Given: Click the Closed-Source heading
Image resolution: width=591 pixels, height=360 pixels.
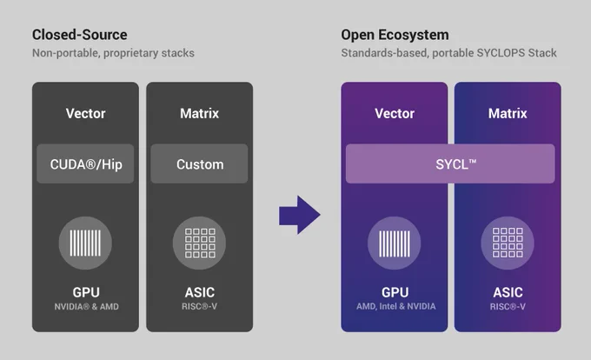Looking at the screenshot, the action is click(80, 35).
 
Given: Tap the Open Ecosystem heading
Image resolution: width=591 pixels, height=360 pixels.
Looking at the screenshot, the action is click(395, 35).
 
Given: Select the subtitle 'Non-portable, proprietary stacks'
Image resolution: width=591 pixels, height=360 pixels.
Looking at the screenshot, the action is click(113, 53).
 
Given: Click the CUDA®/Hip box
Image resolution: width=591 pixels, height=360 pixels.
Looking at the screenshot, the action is click(85, 164).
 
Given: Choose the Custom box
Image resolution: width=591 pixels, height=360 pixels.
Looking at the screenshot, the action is click(199, 164).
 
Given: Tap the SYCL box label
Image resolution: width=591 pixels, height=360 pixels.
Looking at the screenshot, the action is click(455, 164).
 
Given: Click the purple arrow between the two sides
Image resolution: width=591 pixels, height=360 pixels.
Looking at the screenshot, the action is click(300, 215).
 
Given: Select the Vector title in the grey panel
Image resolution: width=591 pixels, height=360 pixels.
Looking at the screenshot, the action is click(85, 113).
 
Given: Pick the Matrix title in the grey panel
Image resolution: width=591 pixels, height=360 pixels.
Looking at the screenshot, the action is click(199, 113).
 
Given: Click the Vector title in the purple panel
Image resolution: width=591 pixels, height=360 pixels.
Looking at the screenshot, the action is click(395, 113).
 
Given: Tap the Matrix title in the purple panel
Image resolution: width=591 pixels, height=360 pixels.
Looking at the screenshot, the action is click(508, 113).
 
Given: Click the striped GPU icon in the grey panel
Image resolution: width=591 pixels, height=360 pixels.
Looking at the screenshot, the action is click(85, 243).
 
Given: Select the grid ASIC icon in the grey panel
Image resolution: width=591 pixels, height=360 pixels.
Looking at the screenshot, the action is click(199, 243).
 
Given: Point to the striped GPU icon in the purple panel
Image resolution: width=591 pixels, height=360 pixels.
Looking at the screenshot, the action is click(395, 243).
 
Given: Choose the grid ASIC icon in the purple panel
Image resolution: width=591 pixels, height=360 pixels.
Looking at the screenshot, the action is click(508, 243).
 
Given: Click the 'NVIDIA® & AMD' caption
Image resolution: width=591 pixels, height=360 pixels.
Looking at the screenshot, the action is click(86, 307).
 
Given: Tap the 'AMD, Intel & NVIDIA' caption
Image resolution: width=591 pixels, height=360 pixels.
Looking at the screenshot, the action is click(395, 306).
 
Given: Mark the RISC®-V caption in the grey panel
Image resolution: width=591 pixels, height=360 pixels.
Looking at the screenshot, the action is click(199, 306).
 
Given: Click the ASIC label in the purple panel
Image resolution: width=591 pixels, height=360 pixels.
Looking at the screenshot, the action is click(508, 292).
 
